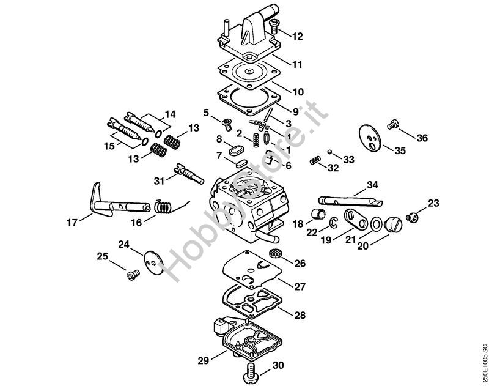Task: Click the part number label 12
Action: point(297,36)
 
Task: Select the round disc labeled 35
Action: point(370,138)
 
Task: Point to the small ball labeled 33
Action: point(330,152)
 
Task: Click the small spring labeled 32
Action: point(315,161)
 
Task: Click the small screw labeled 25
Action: point(133,275)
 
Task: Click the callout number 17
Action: point(72,223)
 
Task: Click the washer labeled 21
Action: point(376,224)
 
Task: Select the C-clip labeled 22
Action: point(334,222)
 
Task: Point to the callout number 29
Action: point(204,361)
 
